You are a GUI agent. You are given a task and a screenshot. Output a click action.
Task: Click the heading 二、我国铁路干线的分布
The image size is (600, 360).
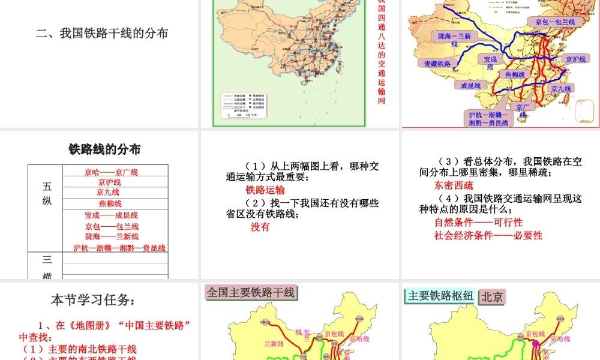101,33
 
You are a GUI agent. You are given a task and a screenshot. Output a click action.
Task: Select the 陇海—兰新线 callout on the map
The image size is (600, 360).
455,40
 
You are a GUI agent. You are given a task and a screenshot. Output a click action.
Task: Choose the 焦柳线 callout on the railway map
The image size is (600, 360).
515,74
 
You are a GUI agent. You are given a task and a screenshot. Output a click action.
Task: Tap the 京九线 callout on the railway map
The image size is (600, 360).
559,88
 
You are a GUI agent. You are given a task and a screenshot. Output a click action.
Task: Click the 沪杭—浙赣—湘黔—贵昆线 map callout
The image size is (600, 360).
488,118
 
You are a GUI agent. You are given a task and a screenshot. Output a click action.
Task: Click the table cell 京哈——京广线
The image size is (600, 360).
111,172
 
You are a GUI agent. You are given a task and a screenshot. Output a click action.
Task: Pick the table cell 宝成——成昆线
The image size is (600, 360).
111,215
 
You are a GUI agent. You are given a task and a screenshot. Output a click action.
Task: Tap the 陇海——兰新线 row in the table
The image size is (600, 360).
112,236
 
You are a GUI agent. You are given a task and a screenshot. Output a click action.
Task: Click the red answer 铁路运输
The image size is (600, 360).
265,190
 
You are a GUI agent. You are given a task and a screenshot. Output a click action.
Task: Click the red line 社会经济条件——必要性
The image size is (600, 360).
488,235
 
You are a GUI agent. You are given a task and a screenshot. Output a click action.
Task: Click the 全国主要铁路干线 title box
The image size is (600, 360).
251,292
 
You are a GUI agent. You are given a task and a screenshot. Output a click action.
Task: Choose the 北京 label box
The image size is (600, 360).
493,296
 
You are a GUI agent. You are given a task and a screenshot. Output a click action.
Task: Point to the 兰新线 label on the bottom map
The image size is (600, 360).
274,344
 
